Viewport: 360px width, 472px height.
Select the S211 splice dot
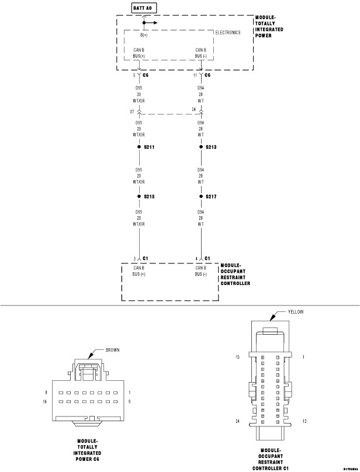139,147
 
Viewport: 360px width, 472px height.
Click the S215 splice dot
139,196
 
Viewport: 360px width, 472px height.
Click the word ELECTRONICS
228,33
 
